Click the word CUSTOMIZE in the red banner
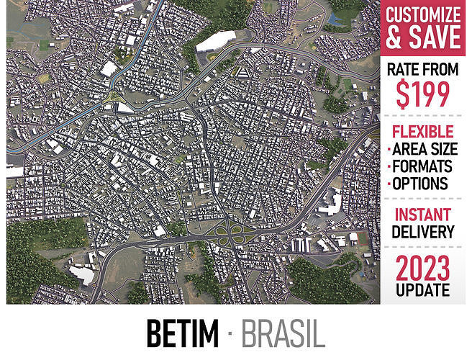tap(423, 14)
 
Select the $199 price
tap(423, 94)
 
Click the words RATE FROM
tap(423, 71)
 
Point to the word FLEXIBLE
tap(423, 132)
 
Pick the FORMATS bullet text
tap(425, 166)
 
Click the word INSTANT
tap(423, 215)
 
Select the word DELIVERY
tap(423, 232)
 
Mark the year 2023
tap(423, 268)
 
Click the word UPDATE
tap(423, 289)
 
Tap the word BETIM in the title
tap(182, 333)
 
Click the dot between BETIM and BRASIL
tap(230, 333)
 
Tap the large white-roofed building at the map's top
tap(215, 41)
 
